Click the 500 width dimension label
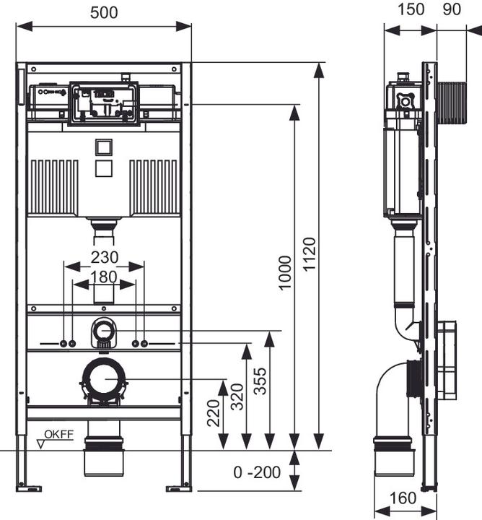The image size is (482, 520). [105, 12]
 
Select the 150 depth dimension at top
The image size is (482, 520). [410, 12]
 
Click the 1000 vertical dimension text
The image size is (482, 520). [285, 272]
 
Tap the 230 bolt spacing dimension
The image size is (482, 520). [104, 257]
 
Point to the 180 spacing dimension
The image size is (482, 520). [104, 276]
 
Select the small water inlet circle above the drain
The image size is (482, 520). [104, 333]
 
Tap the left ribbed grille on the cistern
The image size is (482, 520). [53, 186]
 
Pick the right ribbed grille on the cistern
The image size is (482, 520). [153, 186]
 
